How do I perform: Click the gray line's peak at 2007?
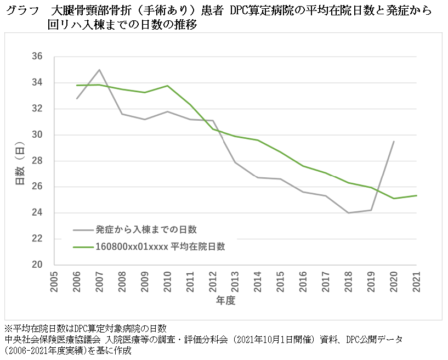(x=99, y=70)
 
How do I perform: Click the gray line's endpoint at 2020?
(x=394, y=141)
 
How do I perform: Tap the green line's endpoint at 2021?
(x=416, y=195)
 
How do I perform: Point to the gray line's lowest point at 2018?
(x=348, y=213)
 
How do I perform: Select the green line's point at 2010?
(x=167, y=86)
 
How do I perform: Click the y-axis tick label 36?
(x=37, y=57)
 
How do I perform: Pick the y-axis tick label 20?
(x=37, y=265)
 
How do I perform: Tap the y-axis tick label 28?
(x=37, y=161)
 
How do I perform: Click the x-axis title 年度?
(x=225, y=301)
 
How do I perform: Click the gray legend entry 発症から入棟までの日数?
(x=146, y=229)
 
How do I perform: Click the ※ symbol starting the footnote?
(x=8, y=328)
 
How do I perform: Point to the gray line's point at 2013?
(x=235, y=162)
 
